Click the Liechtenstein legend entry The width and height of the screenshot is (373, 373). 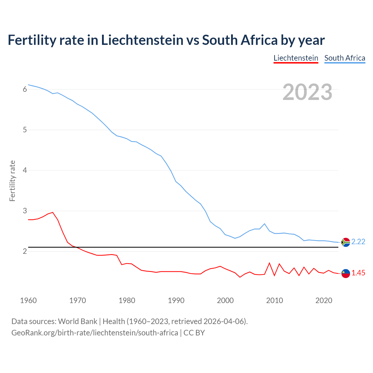coord(296,58)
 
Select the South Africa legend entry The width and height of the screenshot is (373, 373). coord(345,58)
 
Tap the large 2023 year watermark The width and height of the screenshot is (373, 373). coord(307,92)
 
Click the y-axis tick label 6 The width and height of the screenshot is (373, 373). coord(25,89)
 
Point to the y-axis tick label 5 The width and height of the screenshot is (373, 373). coord(25,130)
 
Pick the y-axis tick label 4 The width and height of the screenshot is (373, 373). coord(25,170)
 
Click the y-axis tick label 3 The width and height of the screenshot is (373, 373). coord(25,211)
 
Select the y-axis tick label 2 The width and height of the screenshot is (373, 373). coord(25,251)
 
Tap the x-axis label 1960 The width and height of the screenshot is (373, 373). coord(28,300)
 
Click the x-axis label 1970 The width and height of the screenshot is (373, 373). coord(78,300)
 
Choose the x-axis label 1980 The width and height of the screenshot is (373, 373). coord(127,300)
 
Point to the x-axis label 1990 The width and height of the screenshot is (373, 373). coord(176,300)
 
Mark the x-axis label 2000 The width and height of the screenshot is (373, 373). coord(225,300)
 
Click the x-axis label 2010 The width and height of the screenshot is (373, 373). coord(275,300)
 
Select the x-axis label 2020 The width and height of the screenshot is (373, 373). coord(324,300)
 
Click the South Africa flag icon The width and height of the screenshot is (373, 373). coord(346,242)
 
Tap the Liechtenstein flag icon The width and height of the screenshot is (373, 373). coord(346,273)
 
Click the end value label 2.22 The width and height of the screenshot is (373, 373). coord(358,242)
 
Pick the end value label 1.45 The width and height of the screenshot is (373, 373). coord(358,273)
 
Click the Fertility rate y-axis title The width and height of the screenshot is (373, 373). coord(12,181)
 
